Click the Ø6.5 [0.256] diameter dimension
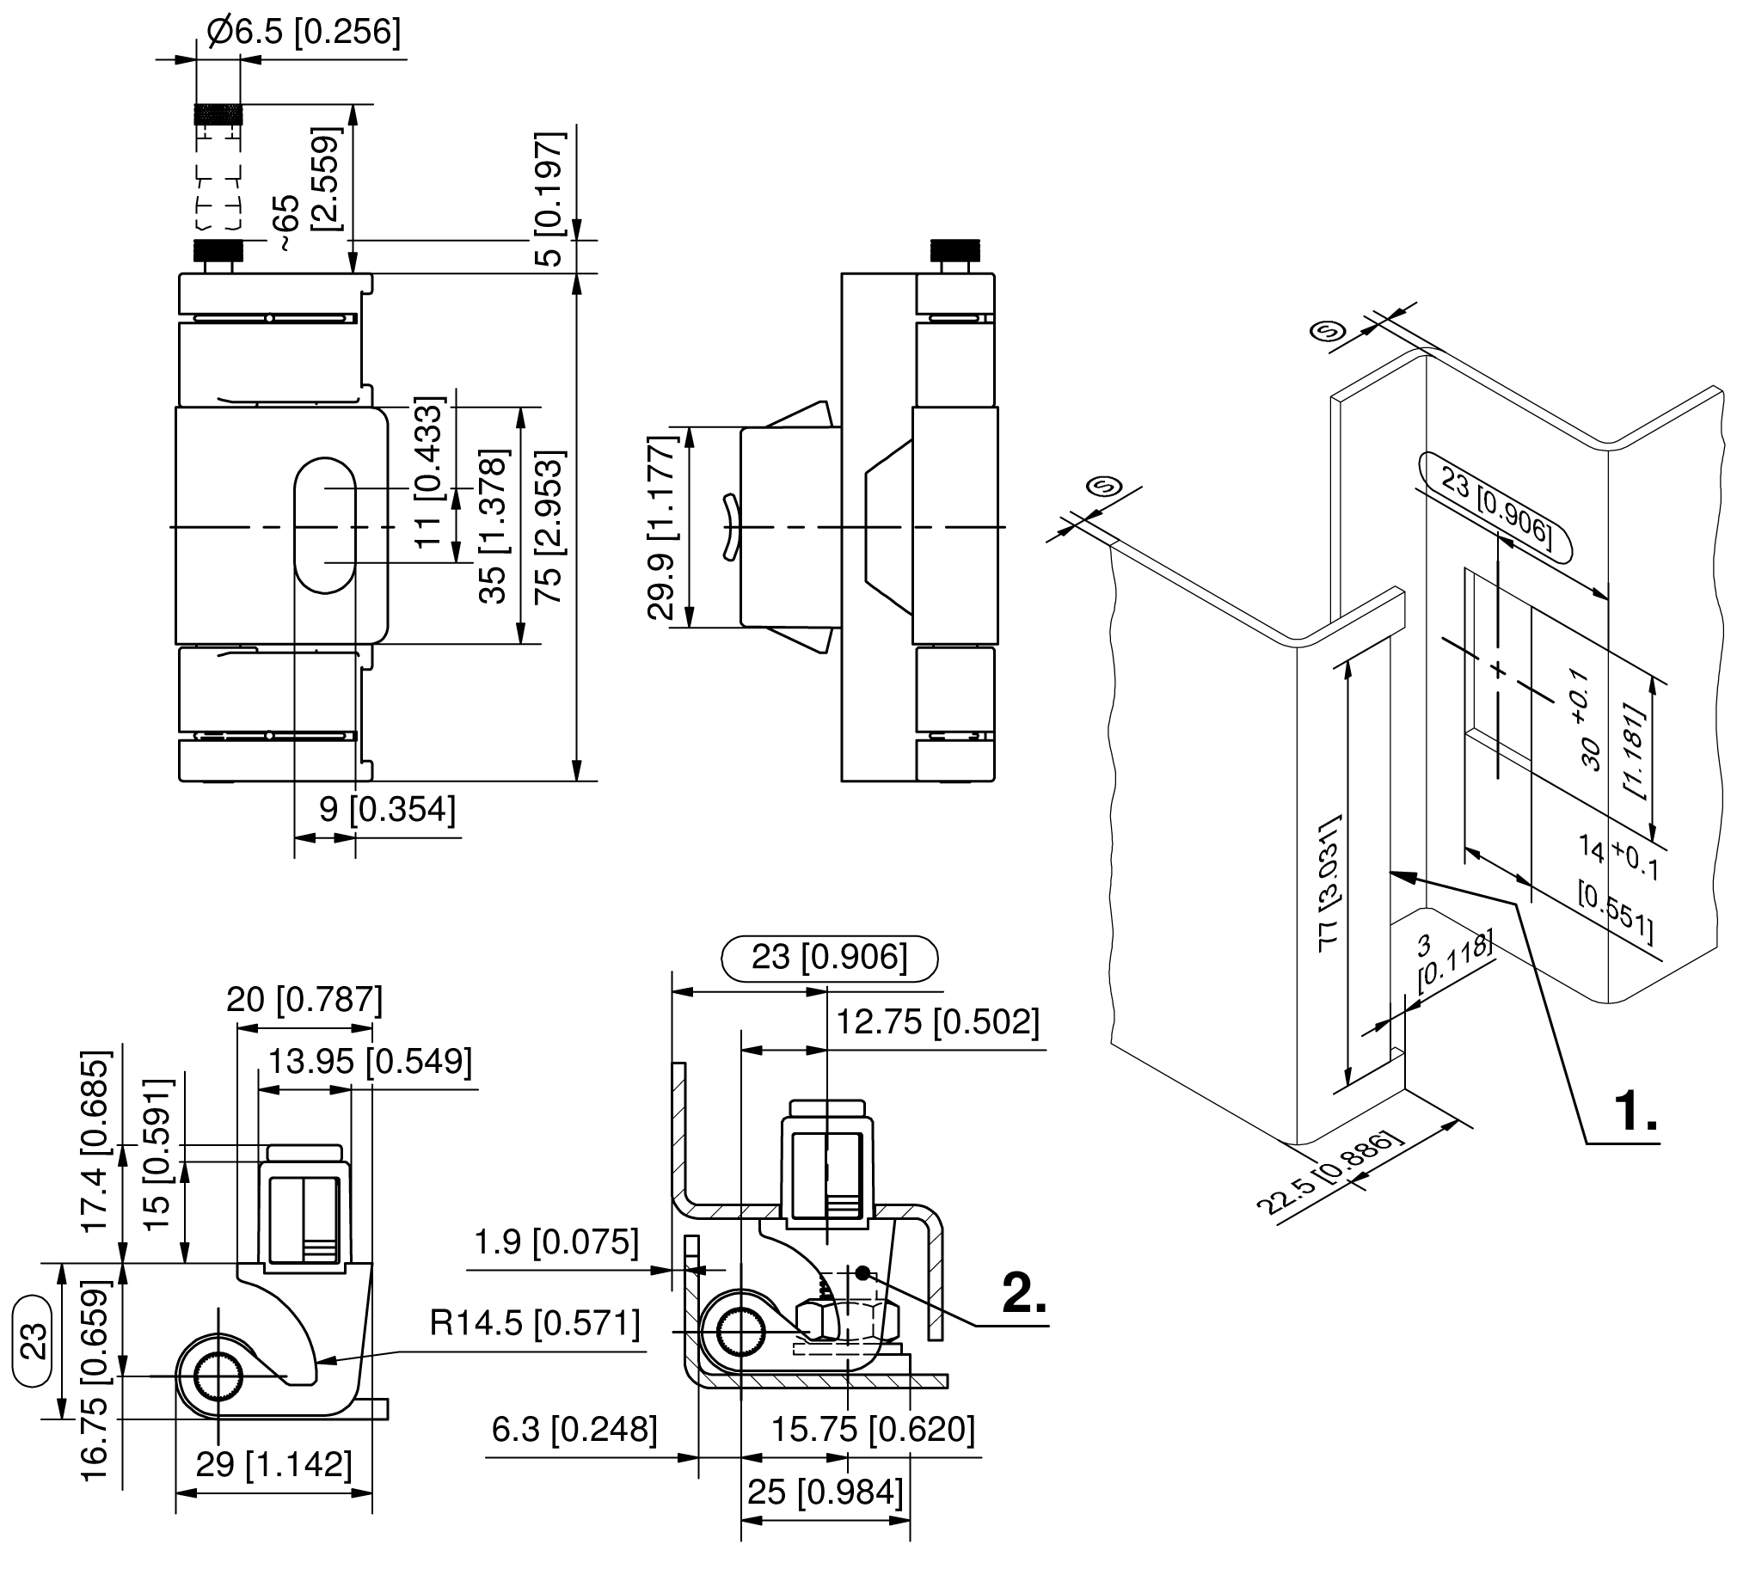(x=304, y=32)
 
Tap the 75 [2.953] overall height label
(x=549, y=526)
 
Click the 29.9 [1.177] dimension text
(x=662, y=527)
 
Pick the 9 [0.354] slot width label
(x=387, y=809)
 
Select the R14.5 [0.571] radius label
(x=534, y=1323)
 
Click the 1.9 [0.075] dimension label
(x=556, y=1241)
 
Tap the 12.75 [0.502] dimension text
(x=938, y=1022)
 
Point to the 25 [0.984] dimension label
(x=825, y=1492)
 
